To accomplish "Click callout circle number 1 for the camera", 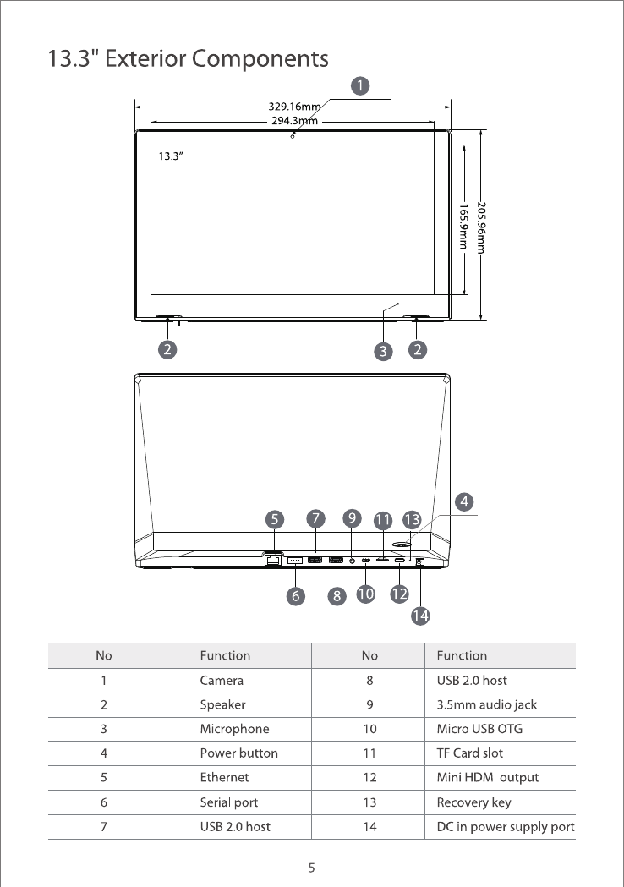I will coord(361,85).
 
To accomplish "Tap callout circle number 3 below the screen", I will coord(384,350).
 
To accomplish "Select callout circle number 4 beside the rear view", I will coord(463,501).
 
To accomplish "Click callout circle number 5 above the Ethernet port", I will coord(275,517).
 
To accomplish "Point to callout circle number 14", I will coord(420,616).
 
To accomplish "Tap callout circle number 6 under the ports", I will coord(295,596).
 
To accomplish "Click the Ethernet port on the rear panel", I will coord(273,559).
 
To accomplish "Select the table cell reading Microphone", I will coord(234,729).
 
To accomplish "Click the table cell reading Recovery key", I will coord(473,802).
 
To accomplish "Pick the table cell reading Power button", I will coord(238,753).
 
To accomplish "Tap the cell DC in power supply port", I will coord(505,826).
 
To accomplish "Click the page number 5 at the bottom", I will coord(312,868).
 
